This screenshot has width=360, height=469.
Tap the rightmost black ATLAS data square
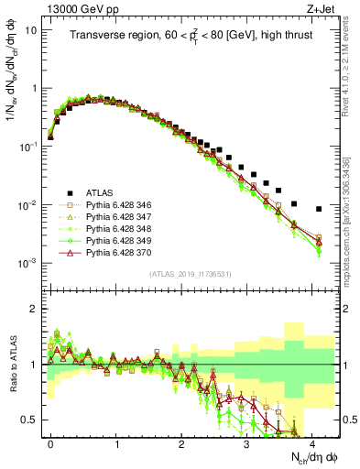(318, 209)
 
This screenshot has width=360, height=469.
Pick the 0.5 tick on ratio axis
(30, 420)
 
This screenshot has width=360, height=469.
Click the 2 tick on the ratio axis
(35, 309)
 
